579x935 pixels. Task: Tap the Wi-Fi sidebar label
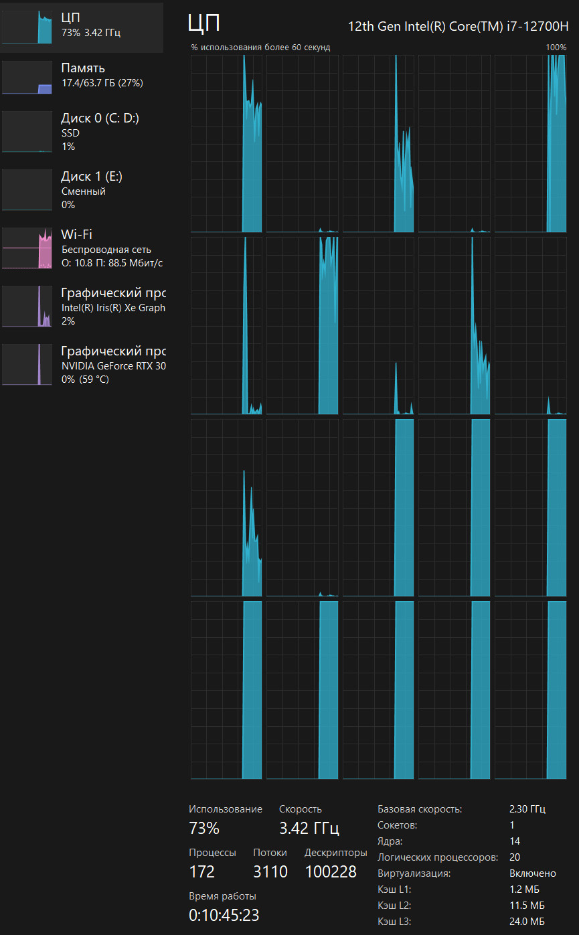point(76,234)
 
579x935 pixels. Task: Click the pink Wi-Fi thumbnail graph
point(27,248)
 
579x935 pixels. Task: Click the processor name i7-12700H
point(458,27)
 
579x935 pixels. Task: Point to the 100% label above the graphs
point(556,48)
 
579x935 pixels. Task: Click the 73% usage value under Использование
point(204,829)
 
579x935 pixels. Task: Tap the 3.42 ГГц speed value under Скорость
point(309,829)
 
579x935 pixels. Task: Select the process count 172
point(202,871)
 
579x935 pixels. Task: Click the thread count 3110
point(270,871)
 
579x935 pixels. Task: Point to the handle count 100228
point(331,871)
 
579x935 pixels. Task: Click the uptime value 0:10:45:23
point(224,915)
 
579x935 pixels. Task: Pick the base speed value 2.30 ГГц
point(527,809)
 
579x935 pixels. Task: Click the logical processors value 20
point(515,857)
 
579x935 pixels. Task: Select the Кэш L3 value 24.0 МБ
point(527,922)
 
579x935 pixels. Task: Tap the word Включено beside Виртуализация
point(532,873)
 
